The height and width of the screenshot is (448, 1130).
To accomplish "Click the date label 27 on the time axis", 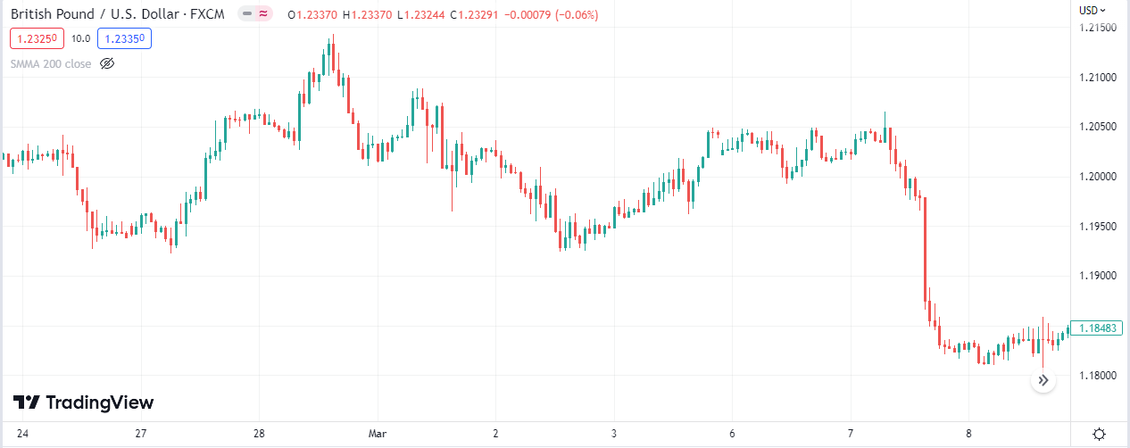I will click(x=140, y=433).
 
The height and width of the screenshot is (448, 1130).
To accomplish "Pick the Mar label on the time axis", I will click(x=378, y=433).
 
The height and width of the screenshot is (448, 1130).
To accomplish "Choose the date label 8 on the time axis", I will click(x=968, y=433).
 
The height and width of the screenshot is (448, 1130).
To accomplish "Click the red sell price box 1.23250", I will click(x=36, y=38).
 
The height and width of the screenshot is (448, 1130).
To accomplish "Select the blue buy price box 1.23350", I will click(x=124, y=38).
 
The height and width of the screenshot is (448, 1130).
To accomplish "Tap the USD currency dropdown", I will click(x=1092, y=11).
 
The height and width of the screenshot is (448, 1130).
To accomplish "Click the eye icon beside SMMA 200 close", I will click(x=107, y=63).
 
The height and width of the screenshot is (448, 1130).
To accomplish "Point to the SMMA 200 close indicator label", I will click(x=51, y=63).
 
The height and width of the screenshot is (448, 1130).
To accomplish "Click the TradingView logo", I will click(x=83, y=402).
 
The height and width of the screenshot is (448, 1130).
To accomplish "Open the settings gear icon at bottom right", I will click(x=1100, y=434).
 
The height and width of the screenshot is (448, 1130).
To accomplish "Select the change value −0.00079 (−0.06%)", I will click(x=553, y=15).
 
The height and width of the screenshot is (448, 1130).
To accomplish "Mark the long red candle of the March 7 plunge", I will click(x=926, y=250).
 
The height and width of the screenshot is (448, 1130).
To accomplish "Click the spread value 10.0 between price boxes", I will click(x=80, y=38).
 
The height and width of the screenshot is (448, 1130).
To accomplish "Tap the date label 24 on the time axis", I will click(x=21, y=433).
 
